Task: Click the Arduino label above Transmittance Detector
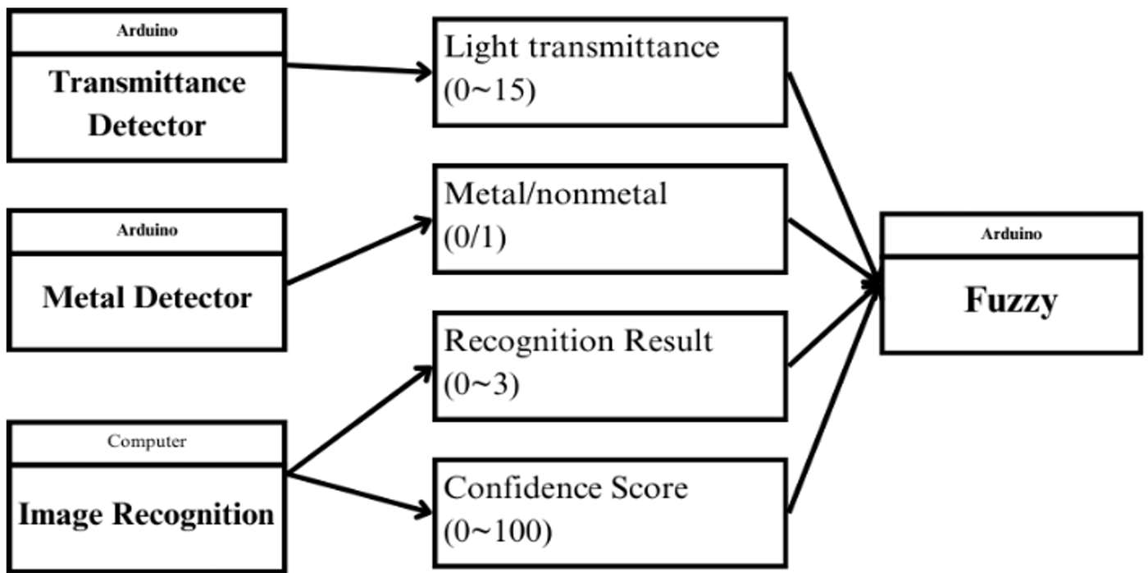point(147,30)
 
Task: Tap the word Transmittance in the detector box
point(147,82)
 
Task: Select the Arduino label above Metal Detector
point(147,230)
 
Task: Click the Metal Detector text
point(147,297)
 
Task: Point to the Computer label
point(147,441)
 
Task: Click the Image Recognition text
point(147,515)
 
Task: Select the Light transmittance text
point(581,47)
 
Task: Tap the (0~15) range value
point(490,90)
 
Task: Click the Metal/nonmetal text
point(556,194)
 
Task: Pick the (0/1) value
point(475,237)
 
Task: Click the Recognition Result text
point(578,341)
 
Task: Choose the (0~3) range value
point(482,384)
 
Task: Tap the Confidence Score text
point(566,488)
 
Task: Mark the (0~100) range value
point(499,531)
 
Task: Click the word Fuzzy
point(1010,300)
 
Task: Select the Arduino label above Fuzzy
point(1011,234)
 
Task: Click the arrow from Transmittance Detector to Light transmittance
point(359,69)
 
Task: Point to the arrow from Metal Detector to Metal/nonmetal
point(359,251)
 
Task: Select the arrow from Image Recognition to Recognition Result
point(359,419)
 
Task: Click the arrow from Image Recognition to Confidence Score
point(359,493)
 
